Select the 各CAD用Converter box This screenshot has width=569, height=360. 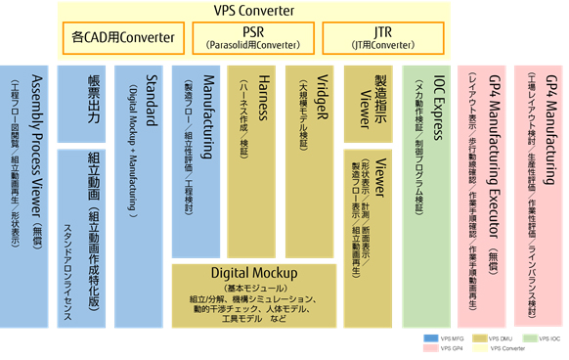(123, 38)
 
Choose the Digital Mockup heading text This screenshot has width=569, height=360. (253, 273)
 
